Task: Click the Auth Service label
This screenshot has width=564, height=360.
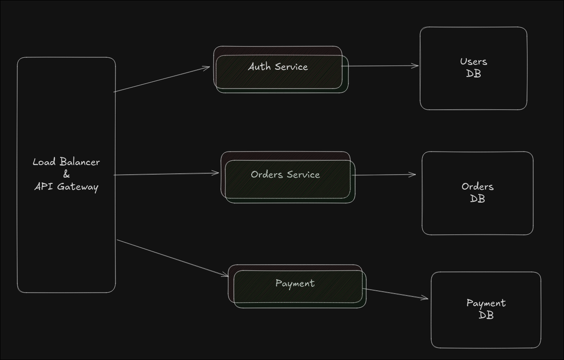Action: [278, 67]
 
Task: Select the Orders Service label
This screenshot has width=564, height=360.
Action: [285, 175]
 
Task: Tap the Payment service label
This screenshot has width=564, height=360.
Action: [295, 283]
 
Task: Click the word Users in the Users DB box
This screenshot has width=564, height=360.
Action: [474, 62]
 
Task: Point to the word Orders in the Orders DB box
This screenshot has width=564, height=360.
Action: [477, 187]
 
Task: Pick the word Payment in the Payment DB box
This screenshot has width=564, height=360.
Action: [486, 303]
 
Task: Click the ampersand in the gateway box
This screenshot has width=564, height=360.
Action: [66, 175]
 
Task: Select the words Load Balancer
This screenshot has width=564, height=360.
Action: [66, 162]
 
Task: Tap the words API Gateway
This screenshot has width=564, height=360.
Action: [66, 187]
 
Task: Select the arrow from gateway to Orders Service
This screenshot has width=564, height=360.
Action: [167, 174]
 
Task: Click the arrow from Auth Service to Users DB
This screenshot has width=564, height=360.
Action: [383, 66]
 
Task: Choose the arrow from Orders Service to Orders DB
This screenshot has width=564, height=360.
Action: [384, 175]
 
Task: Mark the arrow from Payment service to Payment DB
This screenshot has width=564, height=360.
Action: [396, 294]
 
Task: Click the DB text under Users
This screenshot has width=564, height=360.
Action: [474, 74]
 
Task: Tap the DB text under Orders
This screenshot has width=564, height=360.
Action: [477, 199]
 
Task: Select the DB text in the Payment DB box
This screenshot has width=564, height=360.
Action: [486, 316]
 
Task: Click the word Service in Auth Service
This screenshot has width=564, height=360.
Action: [291, 67]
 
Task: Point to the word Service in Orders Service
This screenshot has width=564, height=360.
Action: [303, 175]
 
